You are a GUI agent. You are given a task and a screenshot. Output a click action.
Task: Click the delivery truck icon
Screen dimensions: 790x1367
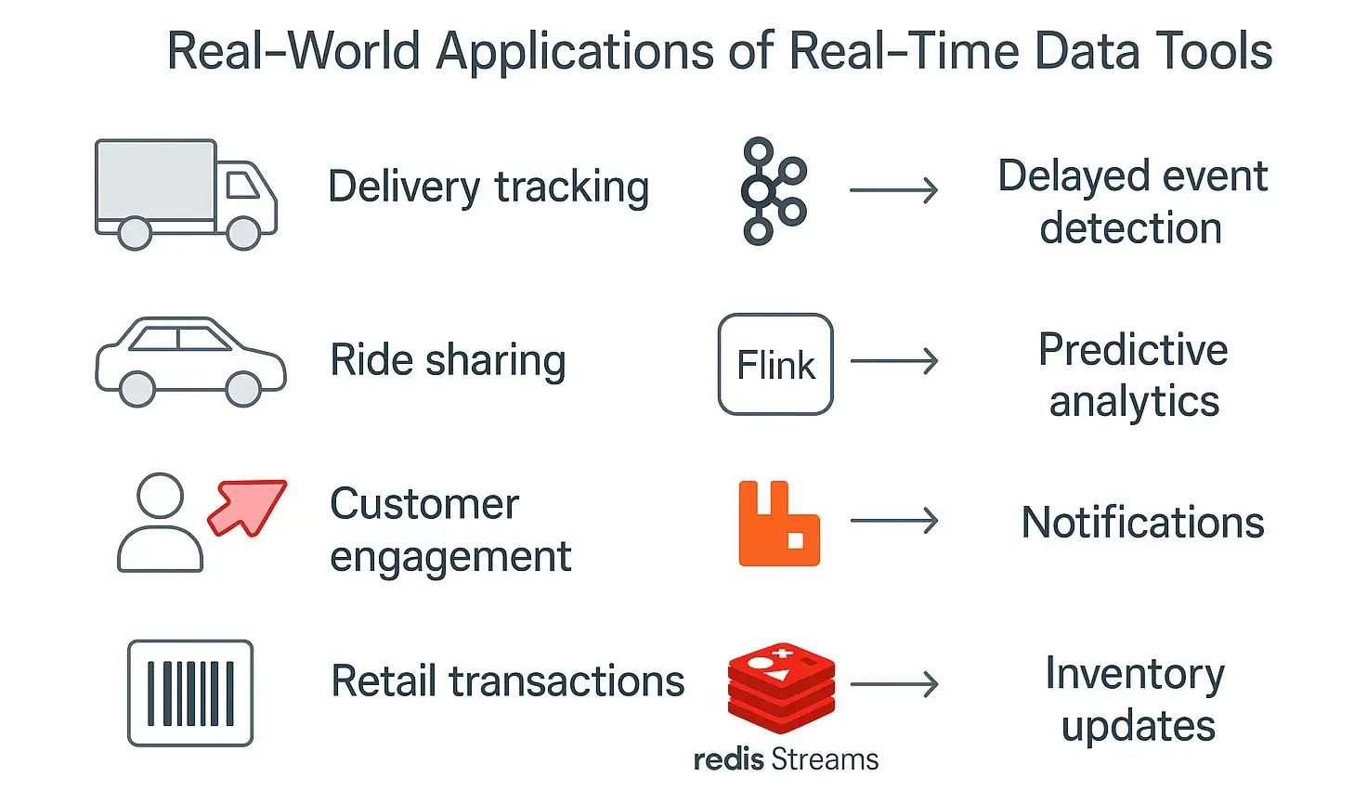186,194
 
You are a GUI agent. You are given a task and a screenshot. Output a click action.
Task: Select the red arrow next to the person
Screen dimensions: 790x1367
248,507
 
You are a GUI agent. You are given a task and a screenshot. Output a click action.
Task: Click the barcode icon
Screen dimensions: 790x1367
190,693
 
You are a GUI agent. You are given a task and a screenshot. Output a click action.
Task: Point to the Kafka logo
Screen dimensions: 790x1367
773,191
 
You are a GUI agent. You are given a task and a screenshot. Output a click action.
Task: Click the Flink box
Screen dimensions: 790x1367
775,364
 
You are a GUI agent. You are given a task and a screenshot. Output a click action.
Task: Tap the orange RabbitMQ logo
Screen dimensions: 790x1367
778,524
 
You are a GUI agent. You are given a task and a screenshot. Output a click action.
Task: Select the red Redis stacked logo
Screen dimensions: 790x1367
781,687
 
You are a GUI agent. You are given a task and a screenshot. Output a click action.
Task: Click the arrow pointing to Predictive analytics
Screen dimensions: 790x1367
894,361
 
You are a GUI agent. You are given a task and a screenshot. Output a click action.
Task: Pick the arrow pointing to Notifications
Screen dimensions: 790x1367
894,521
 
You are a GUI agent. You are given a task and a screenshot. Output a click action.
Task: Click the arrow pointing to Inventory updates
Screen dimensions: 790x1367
894,685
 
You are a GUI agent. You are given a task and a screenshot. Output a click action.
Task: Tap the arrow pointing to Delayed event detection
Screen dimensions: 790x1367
894,190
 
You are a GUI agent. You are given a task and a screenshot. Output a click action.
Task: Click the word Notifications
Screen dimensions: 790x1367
1142,523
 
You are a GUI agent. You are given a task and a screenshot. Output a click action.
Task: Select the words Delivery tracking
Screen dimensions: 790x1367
488,188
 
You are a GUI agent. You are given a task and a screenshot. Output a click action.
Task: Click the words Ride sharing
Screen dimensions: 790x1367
448,361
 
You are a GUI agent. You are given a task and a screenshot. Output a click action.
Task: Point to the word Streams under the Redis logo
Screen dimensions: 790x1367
825,759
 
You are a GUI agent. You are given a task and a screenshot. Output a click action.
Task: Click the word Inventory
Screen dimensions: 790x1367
1135,674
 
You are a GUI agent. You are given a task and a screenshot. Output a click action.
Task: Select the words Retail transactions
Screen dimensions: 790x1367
508,681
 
